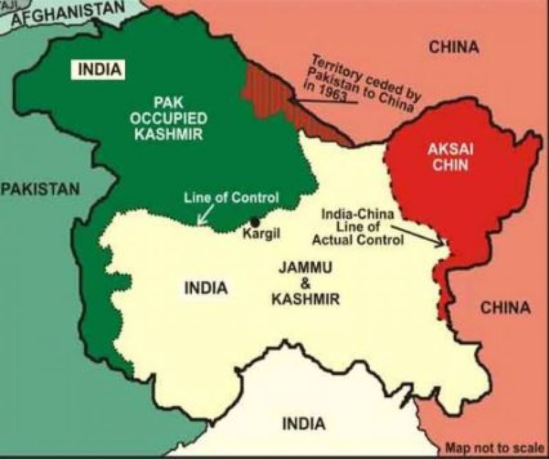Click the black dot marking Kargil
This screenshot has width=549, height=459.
pyautogui.click(x=255, y=222)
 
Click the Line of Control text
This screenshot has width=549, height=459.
pyautogui.click(x=231, y=198)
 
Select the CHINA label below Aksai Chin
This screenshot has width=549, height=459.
pyautogui.click(x=505, y=307)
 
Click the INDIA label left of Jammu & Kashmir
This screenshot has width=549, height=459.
pyautogui.click(x=205, y=288)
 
